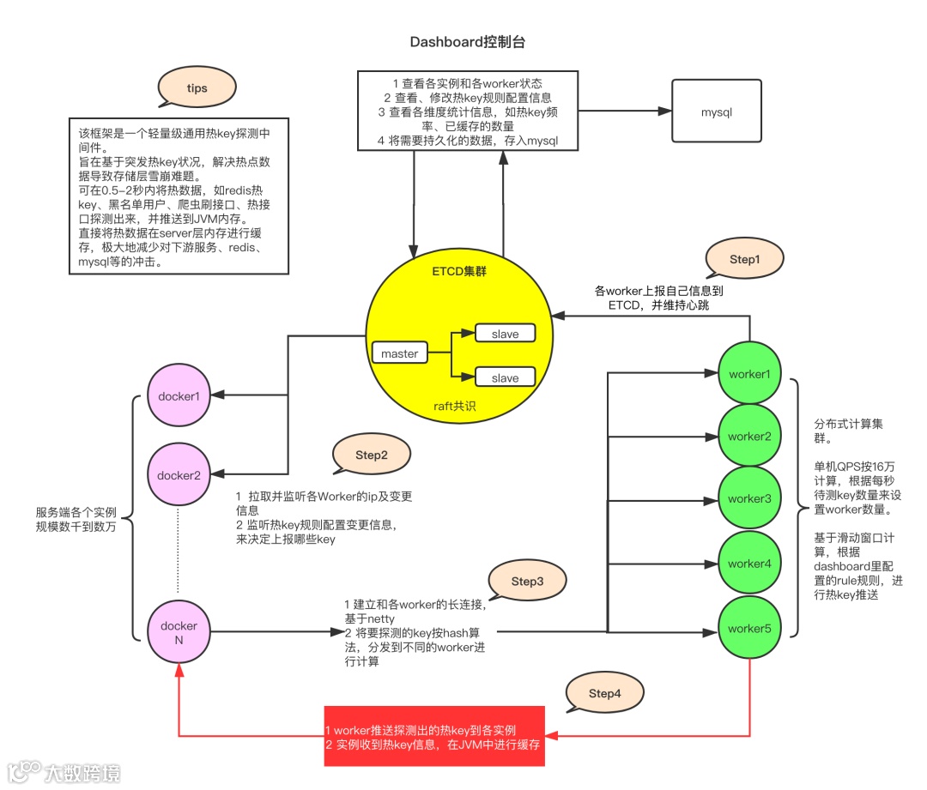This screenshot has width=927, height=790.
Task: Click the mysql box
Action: coord(717,112)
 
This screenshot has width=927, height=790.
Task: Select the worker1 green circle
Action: coord(749,373)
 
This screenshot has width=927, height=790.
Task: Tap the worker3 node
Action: coord(749,498)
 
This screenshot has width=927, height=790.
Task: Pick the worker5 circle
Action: coord(749,628)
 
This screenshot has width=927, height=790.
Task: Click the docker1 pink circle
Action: coord(179,395)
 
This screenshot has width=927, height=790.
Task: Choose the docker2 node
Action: coord(179,474)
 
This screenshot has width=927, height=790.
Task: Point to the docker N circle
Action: coord(179,632)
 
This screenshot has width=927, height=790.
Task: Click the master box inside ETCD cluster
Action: coord(400,353)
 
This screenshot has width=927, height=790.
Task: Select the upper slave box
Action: coord(506,334)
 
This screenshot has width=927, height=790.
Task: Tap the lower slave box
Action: coord(506,377)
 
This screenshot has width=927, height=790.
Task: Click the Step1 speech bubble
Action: coord(744,259)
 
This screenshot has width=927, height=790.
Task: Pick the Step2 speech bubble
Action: coord(372,455)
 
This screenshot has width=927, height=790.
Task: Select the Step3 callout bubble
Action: coord(527,581)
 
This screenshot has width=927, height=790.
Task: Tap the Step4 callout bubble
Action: coord(605,693)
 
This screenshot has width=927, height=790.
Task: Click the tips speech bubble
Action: coord(197,87)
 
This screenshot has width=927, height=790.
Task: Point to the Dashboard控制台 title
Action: coord(468,42)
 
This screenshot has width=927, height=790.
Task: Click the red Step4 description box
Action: coord(434,736)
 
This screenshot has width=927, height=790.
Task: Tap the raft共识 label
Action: coord(455,406)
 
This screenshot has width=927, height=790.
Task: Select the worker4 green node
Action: coord(749,563)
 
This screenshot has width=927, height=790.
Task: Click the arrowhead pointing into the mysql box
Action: coord(665,111)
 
